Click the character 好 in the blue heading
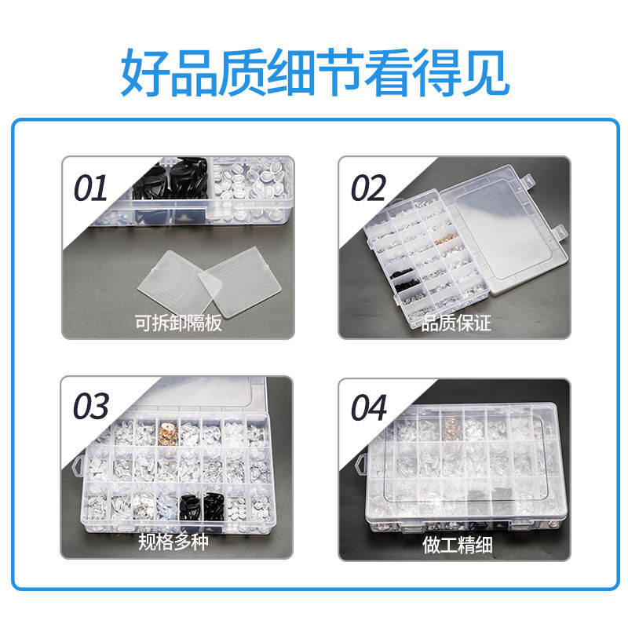click(x=145, y=72)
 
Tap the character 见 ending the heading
click(x=485, y=72)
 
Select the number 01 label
click(x=90, y=188)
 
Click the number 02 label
click(x=367, y=188)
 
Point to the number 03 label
click(x=90, y=406)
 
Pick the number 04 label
click(x=369, y=407)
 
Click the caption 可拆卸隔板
click(x=178, y=323)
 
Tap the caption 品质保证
click(x=456, y=323)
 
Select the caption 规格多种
click(x=173, y=542)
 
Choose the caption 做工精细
click(x=458, y=545)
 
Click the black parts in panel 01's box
click(x=171, y=178)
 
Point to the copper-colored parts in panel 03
click(x=168, y=432)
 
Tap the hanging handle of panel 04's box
click(x=361, y=465)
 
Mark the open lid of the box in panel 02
click(x=506, y=229)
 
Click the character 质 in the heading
click(x=242, y=72)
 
